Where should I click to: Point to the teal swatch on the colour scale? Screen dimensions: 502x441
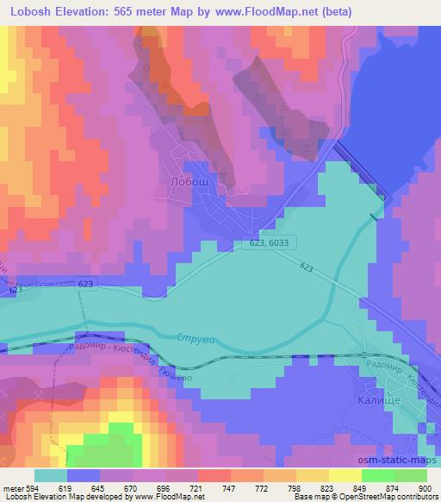[50, 474]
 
